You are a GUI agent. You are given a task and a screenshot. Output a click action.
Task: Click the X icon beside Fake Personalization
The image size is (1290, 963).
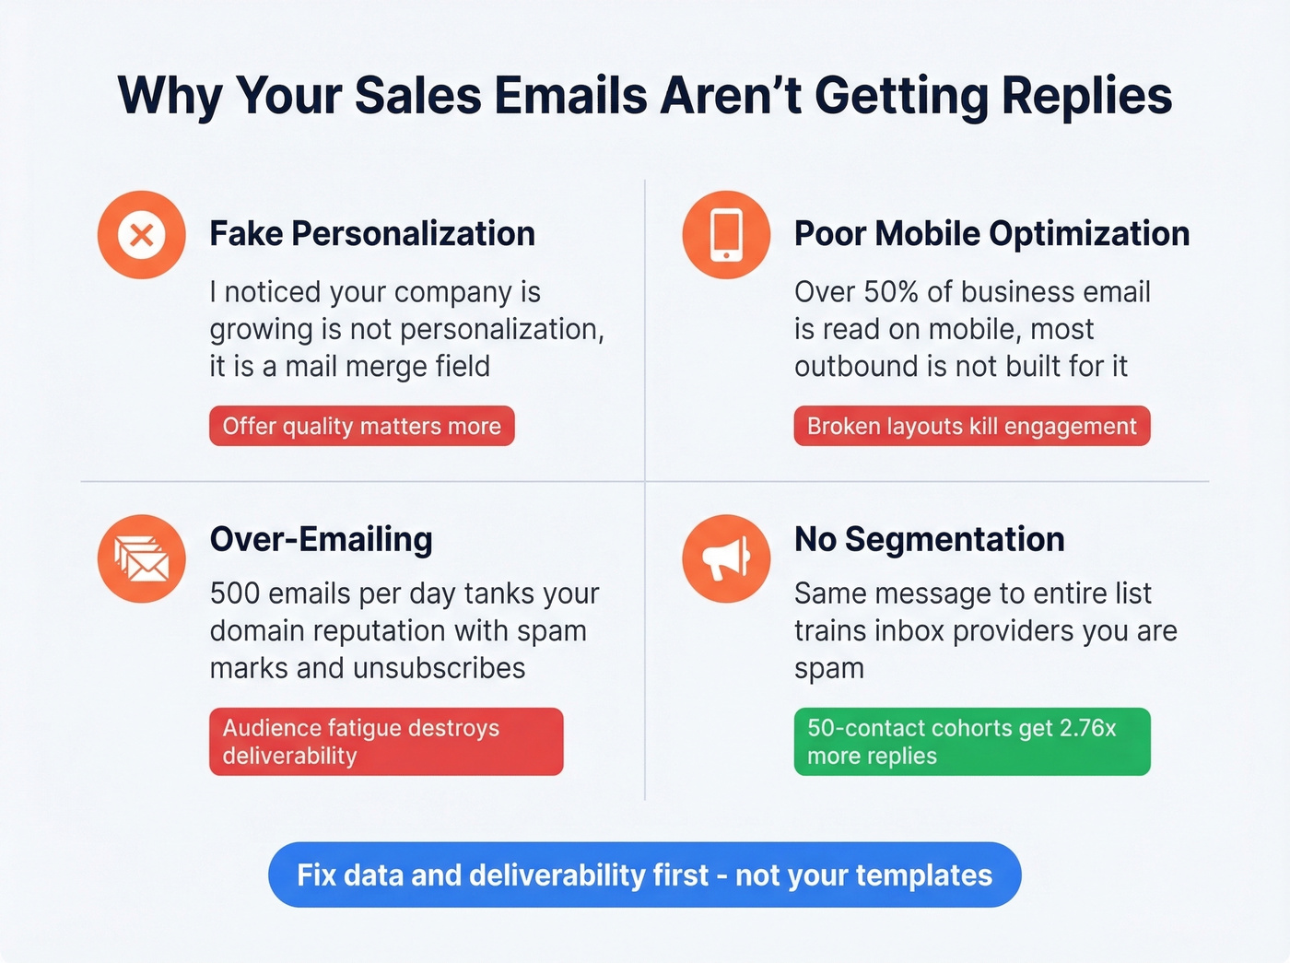(x=141, y=235)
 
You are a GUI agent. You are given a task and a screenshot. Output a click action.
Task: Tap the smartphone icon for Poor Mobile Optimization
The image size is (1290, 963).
(x=726, y=235)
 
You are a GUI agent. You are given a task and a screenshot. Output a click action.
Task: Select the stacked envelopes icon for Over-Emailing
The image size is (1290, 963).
(x=141, y=558)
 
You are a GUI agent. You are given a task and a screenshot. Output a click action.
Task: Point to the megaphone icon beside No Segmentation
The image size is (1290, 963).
(x=726, y=558)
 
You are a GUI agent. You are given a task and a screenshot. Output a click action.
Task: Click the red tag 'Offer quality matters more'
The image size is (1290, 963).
(x=361, y=426)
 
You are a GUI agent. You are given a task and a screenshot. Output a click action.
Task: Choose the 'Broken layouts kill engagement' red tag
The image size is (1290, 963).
(x=971, y=426)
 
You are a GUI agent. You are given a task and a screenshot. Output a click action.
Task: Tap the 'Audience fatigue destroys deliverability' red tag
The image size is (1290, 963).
(x=385, y=741)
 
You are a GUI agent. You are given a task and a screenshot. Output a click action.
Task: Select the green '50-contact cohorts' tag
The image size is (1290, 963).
(x=971, y=741)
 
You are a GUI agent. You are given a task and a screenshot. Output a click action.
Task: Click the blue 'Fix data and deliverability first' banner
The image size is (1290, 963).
(x=644, y=875)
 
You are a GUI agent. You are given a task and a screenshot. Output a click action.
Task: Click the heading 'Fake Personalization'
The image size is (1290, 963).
(x=371, y=234)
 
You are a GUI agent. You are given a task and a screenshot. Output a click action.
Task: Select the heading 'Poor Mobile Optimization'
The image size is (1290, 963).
(x=991, y=234)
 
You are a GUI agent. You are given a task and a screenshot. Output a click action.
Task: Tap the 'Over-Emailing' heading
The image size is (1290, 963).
(x=321, y=540)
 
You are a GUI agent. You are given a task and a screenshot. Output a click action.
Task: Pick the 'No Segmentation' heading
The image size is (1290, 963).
(x=929, y=540)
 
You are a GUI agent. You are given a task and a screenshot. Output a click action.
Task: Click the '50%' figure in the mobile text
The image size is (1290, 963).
(x=891, y=292)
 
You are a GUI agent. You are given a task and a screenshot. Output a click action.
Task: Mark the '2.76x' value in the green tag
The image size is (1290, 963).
(x=1087, y=728)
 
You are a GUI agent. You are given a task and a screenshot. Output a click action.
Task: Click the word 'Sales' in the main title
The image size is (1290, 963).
(x=418, y=96)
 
